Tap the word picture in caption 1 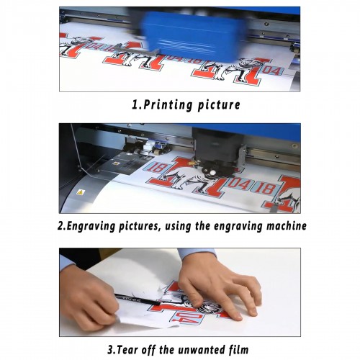click(219, 105)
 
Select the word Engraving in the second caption click(91, 226)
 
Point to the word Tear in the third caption click(127, 349)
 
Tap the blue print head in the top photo click(193, 37)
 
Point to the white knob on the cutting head click(212, 172)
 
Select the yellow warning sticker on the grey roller click(81, 192)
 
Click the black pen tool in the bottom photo click(137, 300)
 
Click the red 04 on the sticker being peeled click(186, 318)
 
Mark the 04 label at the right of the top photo click(272, 71)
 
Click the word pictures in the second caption click(139, 226)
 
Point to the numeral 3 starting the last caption click(110, 349)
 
